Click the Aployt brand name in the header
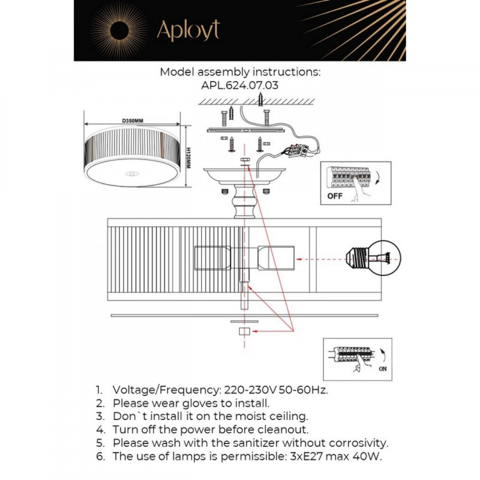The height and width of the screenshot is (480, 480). (x=188, y=30)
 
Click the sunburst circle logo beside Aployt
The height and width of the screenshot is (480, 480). (x=119, y=31)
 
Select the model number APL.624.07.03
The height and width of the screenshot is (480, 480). (x=239, y=85)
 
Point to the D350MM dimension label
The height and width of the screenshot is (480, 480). (x=133, y=121)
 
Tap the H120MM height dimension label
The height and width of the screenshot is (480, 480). (x=188, y=158)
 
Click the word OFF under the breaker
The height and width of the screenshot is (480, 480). (x=335, y=196)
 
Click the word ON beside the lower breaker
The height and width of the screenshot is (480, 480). (x=383, y=369)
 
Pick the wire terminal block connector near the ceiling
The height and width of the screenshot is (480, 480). (x=298, y=151)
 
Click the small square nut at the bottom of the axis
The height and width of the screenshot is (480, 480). (x=244, y=331)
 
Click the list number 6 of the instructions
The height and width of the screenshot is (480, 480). (x=100, y=457)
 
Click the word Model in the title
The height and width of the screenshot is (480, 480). (x=177, y=72)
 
